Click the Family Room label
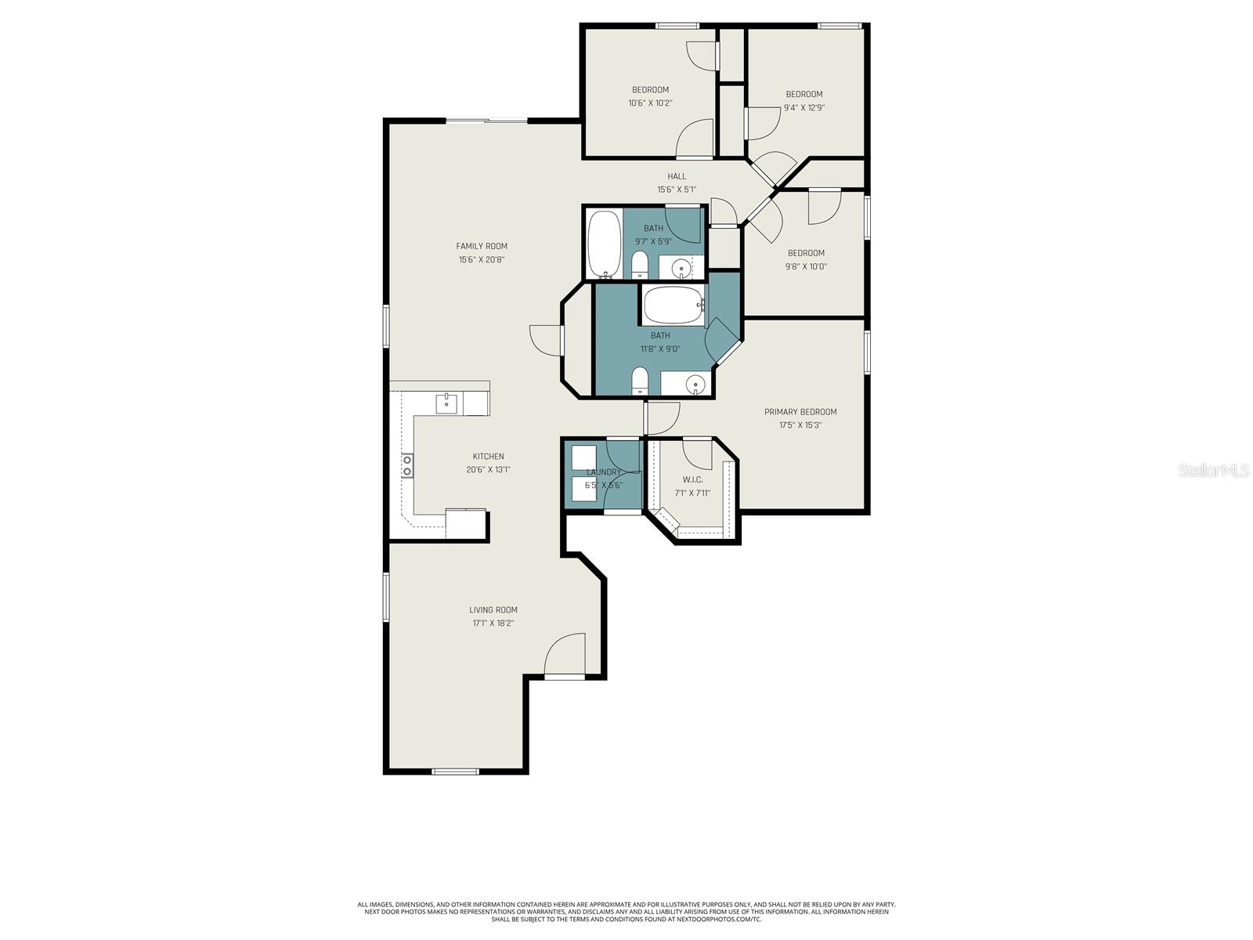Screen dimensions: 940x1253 pyautogui.click(x=482, y=246)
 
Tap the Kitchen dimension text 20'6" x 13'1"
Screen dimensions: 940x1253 pyautogui.click(x=488, y=470)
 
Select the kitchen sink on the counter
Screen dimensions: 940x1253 pyautogui.click(x=446, y=403)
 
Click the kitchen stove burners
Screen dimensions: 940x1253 pyautogui.click(x=407, y=466)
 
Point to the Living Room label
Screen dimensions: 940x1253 pyautogui.click(x=493, y=610)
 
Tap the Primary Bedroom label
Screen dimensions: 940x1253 pyautogui.click(x=800, y=412)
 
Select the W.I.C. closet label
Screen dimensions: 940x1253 pyautogui.click(x=692, y=479)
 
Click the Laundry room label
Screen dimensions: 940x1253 pyautogui.click(x=604, y=472)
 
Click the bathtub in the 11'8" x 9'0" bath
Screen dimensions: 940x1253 pyautogui.click(x=673, y=305)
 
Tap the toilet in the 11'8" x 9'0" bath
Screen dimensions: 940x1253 pyautogui.click(x=640, y=381)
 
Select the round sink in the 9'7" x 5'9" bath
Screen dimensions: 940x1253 pyautogui.click(x=682, y=269)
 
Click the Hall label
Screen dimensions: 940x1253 pyautogui.click(x=677, y=176)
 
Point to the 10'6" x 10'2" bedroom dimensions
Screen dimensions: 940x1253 pyautogui.click(x=650, y=103)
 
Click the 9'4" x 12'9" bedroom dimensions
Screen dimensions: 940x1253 pyautogui.click(x=804, y=108)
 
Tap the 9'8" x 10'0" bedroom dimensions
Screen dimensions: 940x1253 pyautogui.click(x=807, y=266)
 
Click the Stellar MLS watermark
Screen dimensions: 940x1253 pyautogui.click(x=1214, y=470)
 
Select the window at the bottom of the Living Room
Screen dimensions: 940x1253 pyautogui.click(x=455, y=772)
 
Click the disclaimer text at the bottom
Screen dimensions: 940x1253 pyautogui.click(x=626, y=912)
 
